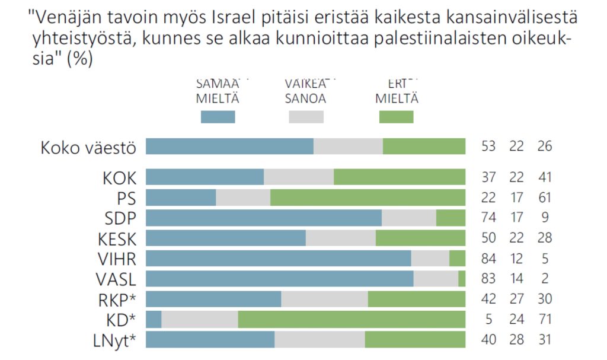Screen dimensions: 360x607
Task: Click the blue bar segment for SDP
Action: click(264, 218)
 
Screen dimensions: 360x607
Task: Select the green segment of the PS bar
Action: click(368, 197)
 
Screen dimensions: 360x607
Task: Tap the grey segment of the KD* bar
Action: click(199, 319)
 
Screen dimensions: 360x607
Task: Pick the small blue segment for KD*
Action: click(154, 319)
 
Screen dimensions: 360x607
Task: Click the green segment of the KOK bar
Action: click(400, 177)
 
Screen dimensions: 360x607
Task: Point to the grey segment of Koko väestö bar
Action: click(348, 146)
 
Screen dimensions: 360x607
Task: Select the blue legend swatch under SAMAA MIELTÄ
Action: click(218, 117)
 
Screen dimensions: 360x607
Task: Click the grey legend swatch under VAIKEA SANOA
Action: click(306, 117)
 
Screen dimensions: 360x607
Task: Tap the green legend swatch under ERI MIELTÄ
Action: click(396, 117)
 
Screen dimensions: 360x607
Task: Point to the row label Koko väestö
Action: click(88, 147)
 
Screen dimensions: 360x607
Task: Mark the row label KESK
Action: click(117, 238)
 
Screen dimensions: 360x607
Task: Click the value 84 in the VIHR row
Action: click(488, 259)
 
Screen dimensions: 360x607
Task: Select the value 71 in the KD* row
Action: click(544, 319)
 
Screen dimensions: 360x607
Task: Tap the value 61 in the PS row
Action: click(544, 197)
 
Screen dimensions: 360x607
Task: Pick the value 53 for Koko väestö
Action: click(488, 146)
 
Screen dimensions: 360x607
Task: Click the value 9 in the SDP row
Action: click(544, 218)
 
